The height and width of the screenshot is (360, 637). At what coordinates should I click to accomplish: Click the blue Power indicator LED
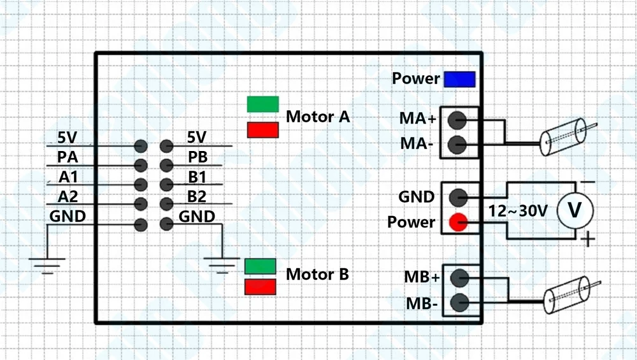tap(460, 79)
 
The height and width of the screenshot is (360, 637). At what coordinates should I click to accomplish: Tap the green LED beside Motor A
tap(263, 104)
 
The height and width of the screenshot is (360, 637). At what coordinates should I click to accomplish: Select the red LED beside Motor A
tap(263, 130)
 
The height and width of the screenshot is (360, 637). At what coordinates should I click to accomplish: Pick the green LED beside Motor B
tap(261, 266)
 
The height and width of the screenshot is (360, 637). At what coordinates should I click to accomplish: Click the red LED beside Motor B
tap(261, 287)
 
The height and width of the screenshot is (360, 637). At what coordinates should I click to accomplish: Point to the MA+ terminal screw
tap(457, 119)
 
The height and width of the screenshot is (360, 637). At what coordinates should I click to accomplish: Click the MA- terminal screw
tap(457, 145)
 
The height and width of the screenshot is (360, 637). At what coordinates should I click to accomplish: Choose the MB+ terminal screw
tap(459, 278)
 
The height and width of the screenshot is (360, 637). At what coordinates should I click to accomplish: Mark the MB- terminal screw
tap(459, 303)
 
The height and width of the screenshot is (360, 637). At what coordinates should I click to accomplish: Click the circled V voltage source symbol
tap(575, 210)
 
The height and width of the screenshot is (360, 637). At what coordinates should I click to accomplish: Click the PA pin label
tap(68, 157)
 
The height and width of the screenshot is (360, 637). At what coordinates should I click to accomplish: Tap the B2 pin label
tap(197, 196)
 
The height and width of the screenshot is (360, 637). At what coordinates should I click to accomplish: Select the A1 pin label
tap(68, 176)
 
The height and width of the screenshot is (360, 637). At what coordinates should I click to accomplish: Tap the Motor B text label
tap(317, 275)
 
